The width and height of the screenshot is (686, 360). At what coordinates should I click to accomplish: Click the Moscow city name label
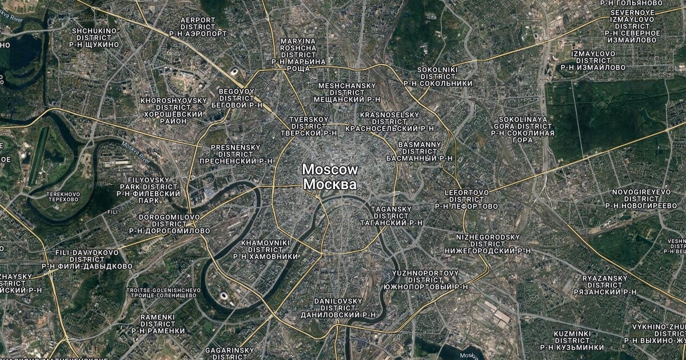point(330,177)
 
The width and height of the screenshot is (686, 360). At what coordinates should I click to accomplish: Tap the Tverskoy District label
point(309,126)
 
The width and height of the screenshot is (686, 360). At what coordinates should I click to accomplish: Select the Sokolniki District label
point(438,76)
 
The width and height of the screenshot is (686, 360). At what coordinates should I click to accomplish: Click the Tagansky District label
point(391,216)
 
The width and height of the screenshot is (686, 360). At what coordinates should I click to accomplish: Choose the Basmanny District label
point(420,151)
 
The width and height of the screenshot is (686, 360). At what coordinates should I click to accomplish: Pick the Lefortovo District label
point(466,199)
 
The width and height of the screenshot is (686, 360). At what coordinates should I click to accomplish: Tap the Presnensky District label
point(236,154)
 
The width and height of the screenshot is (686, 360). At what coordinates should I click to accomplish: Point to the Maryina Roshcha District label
point(298,55)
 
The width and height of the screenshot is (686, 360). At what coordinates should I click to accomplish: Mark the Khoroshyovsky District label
point(173,111)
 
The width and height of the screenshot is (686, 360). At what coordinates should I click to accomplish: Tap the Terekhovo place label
point(63,197)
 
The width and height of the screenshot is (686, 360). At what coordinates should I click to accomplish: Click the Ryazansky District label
point(609,285)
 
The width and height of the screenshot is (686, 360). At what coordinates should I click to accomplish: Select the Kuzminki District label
point(572,340)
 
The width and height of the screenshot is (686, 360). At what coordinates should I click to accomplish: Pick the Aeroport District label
point(198,27)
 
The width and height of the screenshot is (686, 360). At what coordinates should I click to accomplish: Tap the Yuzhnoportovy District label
point(425,279)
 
